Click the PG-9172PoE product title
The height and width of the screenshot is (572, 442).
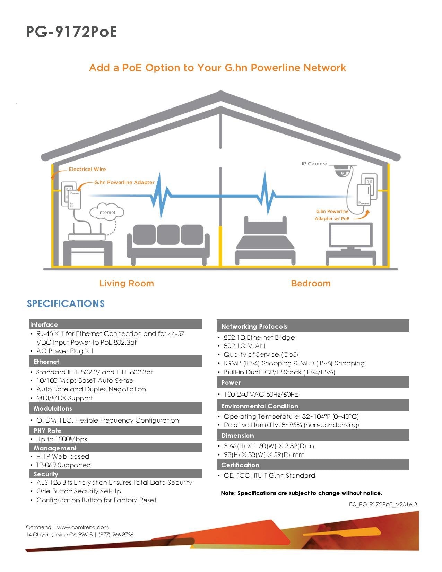72,32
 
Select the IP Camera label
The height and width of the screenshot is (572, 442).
314,164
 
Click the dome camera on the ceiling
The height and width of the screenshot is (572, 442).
341,171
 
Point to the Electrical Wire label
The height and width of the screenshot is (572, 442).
87,169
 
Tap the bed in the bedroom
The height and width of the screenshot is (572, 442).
266,243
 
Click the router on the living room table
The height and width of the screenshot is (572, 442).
87,236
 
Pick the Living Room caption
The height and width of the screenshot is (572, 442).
127,283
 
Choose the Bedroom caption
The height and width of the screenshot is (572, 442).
311,283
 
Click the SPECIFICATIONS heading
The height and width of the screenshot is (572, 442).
66,304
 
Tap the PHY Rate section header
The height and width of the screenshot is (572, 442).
47,431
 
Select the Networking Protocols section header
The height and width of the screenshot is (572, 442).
254,326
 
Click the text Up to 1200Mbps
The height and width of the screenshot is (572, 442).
62,439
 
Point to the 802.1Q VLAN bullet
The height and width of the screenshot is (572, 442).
244,346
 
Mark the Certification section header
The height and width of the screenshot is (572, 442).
240,465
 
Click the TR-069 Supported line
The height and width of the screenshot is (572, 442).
63,465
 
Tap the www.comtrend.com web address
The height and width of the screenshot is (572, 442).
83,527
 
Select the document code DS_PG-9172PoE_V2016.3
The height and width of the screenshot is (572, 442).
383,504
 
